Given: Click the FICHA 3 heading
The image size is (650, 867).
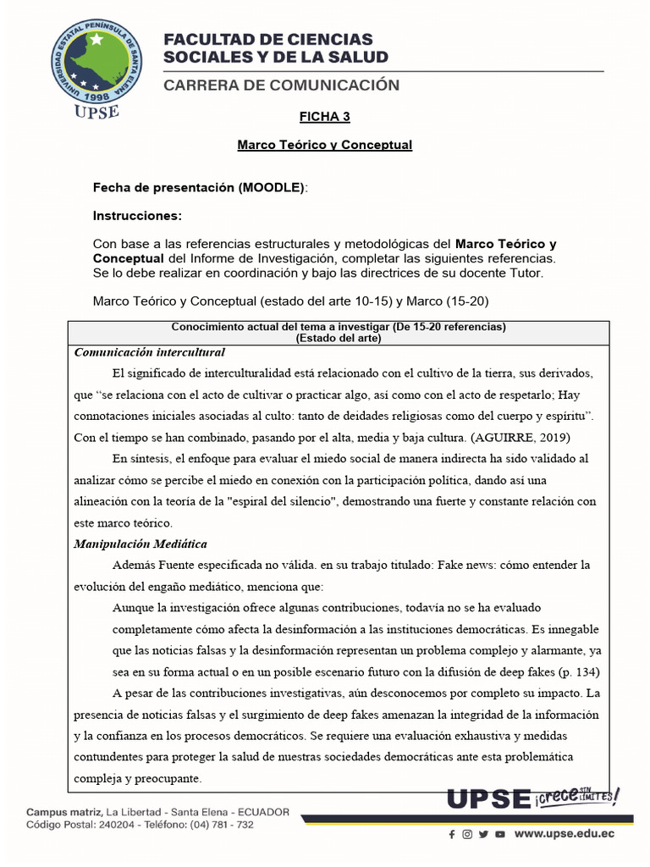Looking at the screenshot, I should pyautogui.click(x=324, y=116).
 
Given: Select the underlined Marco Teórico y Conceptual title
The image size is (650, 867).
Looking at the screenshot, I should pyautogui.click(x=324, y=145).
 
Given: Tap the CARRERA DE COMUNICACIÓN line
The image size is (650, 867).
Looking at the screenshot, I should pyautogui.click(x=281, y=86).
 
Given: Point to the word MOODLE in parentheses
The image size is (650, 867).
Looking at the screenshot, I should pyautogui.click(x=272, y=187).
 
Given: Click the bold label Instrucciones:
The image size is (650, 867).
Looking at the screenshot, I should pyautogui.click(x=137, y=216).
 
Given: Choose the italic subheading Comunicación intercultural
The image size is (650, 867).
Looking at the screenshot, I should pyautogui.click(x=150, y=351).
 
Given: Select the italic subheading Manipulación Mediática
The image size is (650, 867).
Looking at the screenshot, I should pyautogui.click(x=140, y=544).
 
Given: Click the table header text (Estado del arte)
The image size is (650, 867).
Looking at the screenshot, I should pyautogui.click(x=338, y=338).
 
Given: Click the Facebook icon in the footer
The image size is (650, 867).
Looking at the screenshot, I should pyautogui.click(x=452, y=834).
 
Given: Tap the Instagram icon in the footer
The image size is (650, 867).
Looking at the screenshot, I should pyautogui.click(x=467, y=834).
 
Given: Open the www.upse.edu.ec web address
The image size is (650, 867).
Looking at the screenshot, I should pyautogui.click(x=565, y=834).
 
